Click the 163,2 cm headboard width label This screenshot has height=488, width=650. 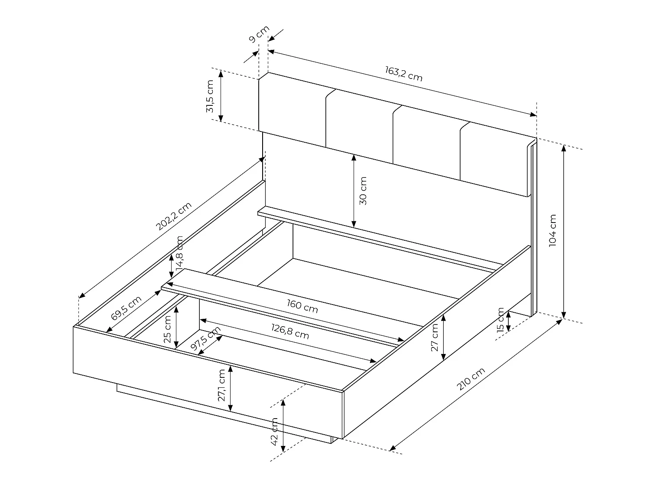(x=403, y=74)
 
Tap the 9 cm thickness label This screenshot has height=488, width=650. (x=259, y=34)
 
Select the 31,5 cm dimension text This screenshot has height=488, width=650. (x=210, y=96)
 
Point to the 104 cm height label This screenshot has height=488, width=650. (x=552, y=231)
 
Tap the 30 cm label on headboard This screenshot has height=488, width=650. (x=363, y=191)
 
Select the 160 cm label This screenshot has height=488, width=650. (x=302, y=306)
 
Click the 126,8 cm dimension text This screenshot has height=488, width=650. (x=290, y=333)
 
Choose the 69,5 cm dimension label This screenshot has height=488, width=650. (x=126, y=308)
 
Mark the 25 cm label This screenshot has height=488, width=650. (x=168, y=328)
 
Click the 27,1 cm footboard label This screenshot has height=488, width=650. (x=221, y=386)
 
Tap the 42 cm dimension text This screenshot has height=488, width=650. (x=274, y=432)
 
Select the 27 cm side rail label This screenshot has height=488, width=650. (x=435, y=338)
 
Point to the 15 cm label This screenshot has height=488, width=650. (x=500, y=320)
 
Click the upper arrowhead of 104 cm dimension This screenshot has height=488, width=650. (x=563, y=147)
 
